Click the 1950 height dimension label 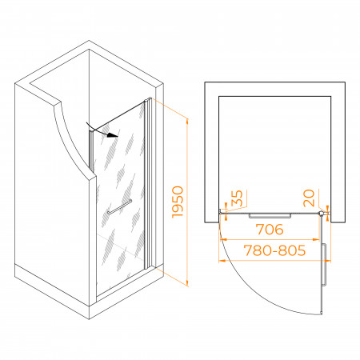tap(178, 202)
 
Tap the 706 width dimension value tap(270, 230)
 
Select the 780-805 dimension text tap(274, 250)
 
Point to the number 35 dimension tap(237, 198)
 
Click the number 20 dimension tap(309, 198)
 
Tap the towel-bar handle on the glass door tap(120, 206)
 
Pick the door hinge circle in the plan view tap(322, 214)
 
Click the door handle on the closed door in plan tap(270, 215)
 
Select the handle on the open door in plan tap(324, 265)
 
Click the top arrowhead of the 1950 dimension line tap(187, 122)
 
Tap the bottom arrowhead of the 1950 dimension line tap(187, 283)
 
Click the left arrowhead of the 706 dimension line tap(223, 239)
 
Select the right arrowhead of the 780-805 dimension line tap(327, 260)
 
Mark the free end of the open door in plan tap(322, 313)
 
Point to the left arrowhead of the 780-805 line tap(222, 260)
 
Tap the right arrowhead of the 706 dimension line tap(316, 239)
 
